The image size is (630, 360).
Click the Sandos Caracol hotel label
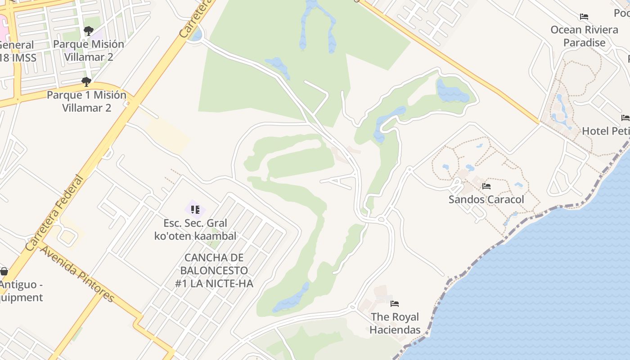(486, 199)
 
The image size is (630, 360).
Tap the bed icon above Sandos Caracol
(486, 186)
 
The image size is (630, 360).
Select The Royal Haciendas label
(395, 323)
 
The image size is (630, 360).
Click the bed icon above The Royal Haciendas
(395, 304)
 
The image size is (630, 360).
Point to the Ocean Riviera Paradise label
(584, 36)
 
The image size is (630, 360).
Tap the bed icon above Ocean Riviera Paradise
(584, 17)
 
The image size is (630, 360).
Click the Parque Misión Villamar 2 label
(89, 50)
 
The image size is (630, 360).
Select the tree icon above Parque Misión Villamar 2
(89, 31)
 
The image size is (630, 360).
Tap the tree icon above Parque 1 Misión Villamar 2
(86, 82)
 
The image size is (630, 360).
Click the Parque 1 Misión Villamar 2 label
(86, 101)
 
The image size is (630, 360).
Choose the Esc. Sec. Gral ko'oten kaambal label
(195, 229)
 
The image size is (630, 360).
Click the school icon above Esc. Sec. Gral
(195, 209)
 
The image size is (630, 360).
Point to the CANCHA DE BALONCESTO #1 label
(214, 270)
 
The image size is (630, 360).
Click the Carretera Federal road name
(54, 213)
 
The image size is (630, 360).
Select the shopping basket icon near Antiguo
(4, 271)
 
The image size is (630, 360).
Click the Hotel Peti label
(605, 131)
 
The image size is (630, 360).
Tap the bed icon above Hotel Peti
(625, 118)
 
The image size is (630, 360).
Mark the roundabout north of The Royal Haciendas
(382, 220)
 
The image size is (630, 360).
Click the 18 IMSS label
(18, 58)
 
